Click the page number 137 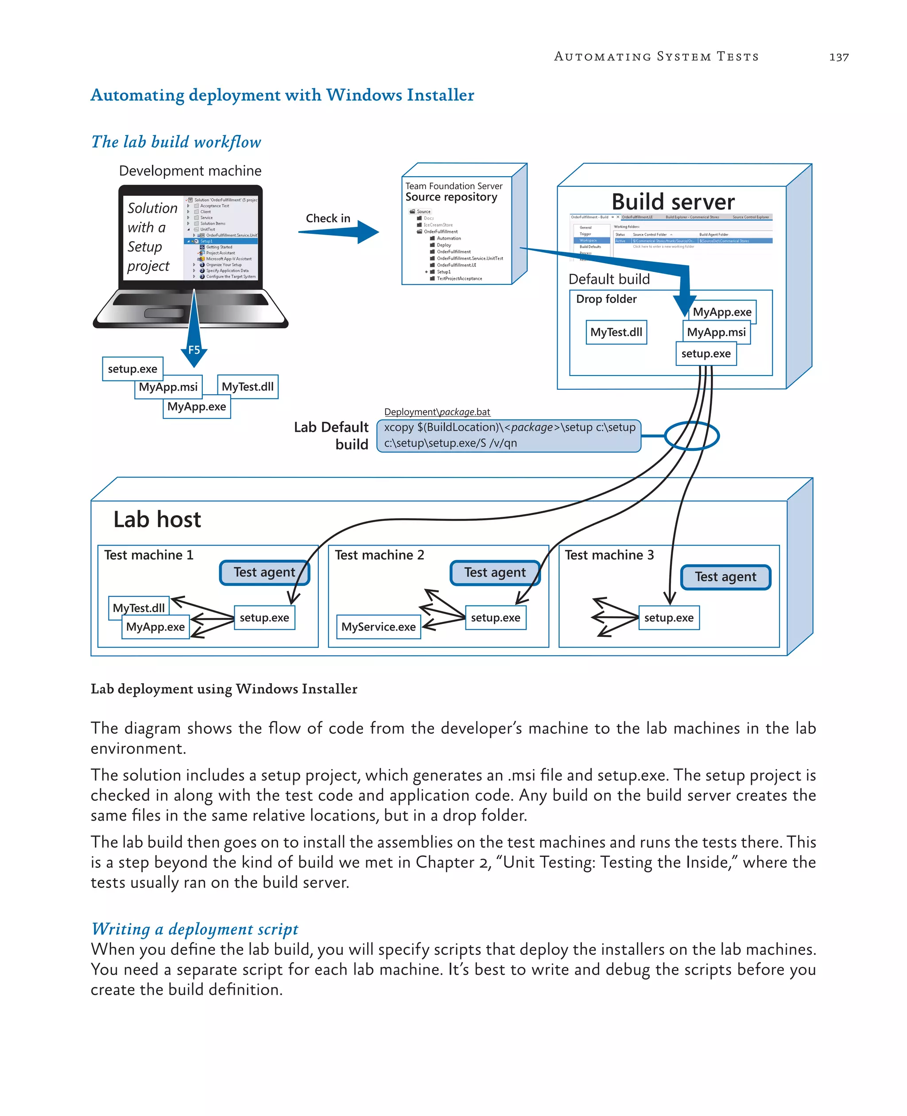tap(838, 57)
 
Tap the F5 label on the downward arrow tap(194, 350)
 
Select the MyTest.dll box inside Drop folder tap(616, 332)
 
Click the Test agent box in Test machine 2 tap(495, 573)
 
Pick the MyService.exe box tap(378, 627)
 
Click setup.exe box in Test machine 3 tap(669, 617)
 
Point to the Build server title tap(673, 201)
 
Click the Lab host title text tap(157, 519)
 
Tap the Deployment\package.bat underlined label tap(437, 412)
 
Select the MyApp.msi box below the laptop tap(168, 387)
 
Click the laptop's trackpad tap(163, 313)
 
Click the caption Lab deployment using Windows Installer tap(224, 689)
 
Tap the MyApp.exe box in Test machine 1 tap(155, 627)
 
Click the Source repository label tap(451, 197)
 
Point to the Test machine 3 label tap(609, 555)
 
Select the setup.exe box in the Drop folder tap(705, 354)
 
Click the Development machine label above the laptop tap(190, 171)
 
